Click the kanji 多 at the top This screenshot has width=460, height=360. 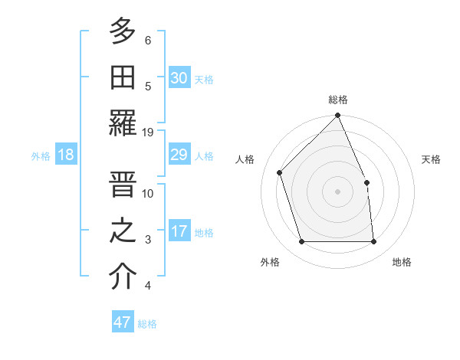(123, 31)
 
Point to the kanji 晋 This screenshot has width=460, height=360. (123, 184)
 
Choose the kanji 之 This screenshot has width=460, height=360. (123, 231)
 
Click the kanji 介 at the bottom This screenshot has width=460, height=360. (123, 277)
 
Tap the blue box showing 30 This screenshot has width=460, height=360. (179, 77)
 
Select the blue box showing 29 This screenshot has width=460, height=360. (179, 155)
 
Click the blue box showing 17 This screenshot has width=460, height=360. (179, 231)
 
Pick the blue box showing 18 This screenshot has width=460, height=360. (66, 155)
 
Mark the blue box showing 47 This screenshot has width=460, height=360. (123, 322)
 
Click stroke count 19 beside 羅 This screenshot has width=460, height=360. (148, 132)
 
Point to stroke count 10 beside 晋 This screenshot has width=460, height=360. (148, 193)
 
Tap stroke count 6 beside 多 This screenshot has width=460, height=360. (148, 40)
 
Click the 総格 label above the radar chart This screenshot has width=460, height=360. (338, 100)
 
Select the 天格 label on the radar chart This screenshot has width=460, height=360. (432, 159)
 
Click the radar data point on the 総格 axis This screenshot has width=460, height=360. (338, 116)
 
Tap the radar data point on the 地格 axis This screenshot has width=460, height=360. (374, 242)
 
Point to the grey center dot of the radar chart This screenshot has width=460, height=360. (338, 191)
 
